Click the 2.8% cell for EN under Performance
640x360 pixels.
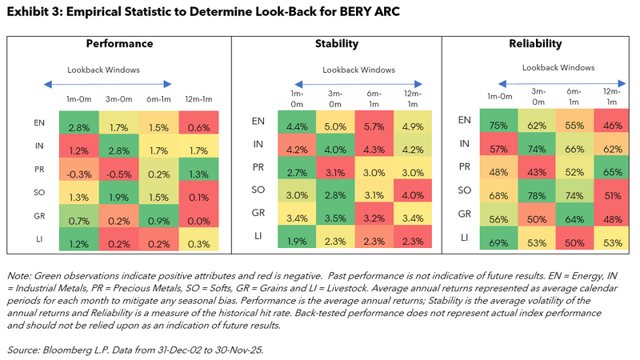click(78, 127)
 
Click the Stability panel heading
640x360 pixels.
click(336, 44)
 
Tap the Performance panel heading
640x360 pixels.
click(119, 44)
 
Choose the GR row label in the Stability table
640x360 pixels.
click(258, 214)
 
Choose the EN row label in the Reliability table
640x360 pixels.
click(463, 121)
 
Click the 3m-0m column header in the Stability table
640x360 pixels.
click(336, 98)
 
